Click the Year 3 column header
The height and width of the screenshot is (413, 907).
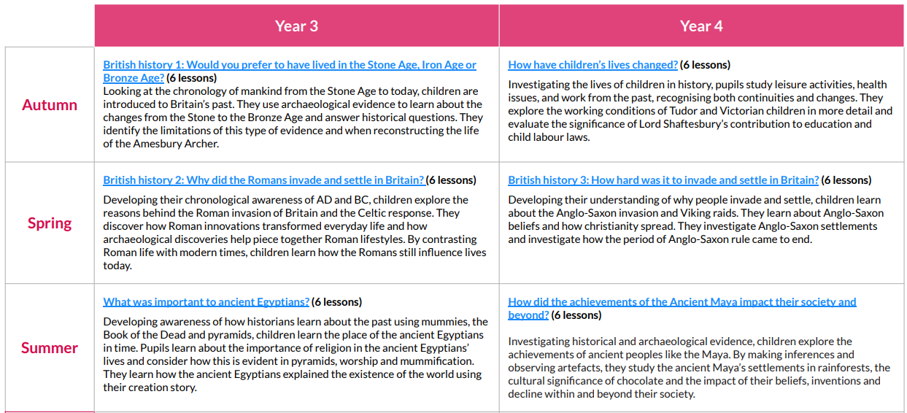coord(296,26)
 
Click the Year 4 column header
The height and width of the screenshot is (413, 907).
coord(701,26)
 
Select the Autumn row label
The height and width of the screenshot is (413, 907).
coord(50,105)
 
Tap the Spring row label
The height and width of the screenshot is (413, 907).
coord(50,223)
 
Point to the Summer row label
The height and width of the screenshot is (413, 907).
coord(50,348)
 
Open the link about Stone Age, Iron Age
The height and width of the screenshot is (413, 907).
coord(289,65)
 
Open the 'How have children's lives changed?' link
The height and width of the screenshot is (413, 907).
coord(593,65)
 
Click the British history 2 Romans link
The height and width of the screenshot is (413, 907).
coord(263,180)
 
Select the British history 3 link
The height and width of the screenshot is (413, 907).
coord(663,180)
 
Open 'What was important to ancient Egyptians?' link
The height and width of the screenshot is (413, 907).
coord(206,302)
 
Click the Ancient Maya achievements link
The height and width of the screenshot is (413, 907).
coord(682,302)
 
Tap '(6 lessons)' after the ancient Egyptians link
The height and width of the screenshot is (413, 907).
coord(337,302)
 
